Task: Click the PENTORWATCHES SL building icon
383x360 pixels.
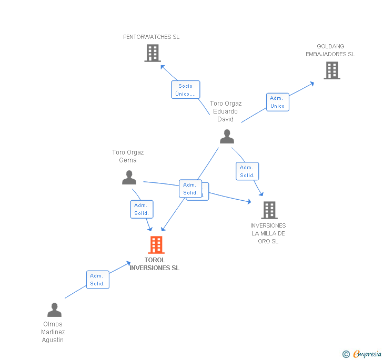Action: point(153,53)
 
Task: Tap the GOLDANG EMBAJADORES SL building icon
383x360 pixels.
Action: point(331,70)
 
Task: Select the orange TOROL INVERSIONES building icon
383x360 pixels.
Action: point(156,245)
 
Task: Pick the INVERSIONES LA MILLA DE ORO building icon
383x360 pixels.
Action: point(269,210)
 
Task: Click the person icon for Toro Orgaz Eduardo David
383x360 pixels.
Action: point(227,137)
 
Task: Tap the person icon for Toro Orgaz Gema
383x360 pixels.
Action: point(129,178)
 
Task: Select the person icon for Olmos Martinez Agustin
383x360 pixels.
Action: point(54,310)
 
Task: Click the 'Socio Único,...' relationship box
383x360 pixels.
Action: point(185,90)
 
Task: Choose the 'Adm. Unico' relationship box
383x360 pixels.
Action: point(277,102)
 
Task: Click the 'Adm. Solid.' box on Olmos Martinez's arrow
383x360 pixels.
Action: point(97,280)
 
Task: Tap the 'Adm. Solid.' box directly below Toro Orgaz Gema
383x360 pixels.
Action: point(142,209)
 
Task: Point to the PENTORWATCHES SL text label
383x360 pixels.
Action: point(151,37)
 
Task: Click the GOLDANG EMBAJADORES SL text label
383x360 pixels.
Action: point(330,50)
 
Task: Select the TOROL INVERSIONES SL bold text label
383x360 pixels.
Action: point(154,264)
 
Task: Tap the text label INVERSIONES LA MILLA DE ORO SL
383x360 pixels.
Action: point(268,233)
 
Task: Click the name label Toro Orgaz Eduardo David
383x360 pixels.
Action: point(226,111)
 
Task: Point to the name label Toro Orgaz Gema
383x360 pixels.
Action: point(128,156)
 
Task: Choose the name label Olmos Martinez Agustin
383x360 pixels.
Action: point(53,332)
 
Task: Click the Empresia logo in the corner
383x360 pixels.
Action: point(367,354)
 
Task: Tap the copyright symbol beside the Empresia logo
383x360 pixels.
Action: point(346,355)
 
